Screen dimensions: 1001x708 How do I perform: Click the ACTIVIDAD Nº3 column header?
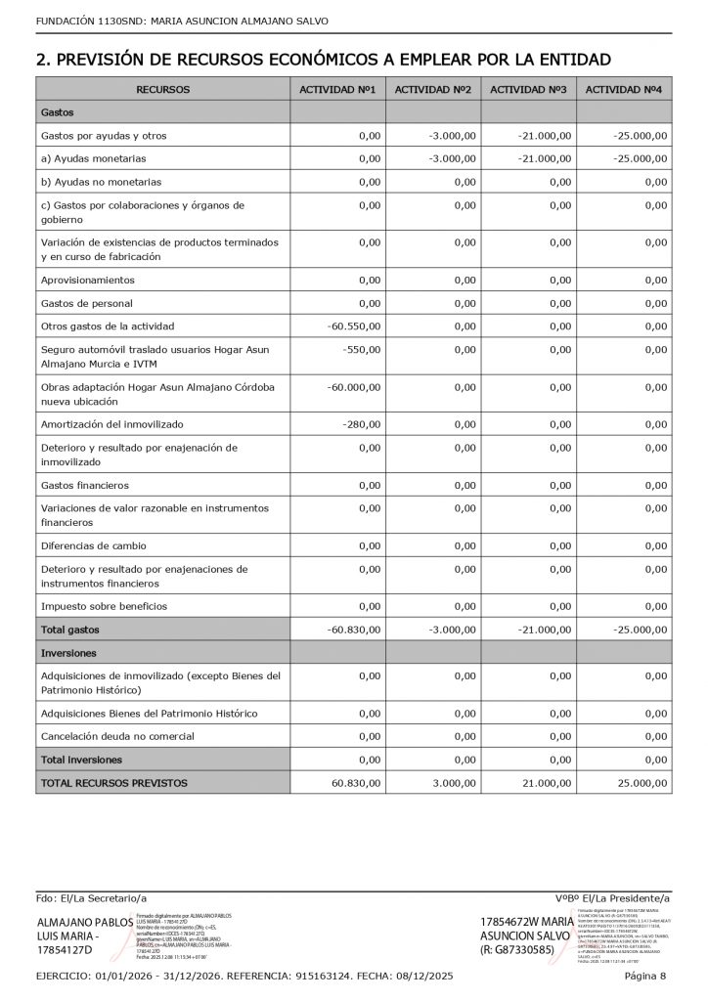tap(528, 90)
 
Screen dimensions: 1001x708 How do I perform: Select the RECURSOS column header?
tap(163, 90)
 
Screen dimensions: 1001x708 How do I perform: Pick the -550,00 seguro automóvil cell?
tap(362, 350)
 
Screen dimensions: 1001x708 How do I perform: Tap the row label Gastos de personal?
tap(87, 303)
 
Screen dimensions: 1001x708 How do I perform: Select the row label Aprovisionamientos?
tap(87, 280)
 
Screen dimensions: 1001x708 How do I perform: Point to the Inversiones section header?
tap(69, 652)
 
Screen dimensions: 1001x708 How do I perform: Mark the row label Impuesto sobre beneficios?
tap(104, 606)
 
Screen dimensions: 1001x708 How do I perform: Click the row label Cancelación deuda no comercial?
tap(117, 736)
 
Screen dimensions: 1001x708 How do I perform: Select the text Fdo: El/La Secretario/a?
tap(91, 897)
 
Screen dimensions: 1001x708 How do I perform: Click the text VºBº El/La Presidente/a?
tap(611, 897)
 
